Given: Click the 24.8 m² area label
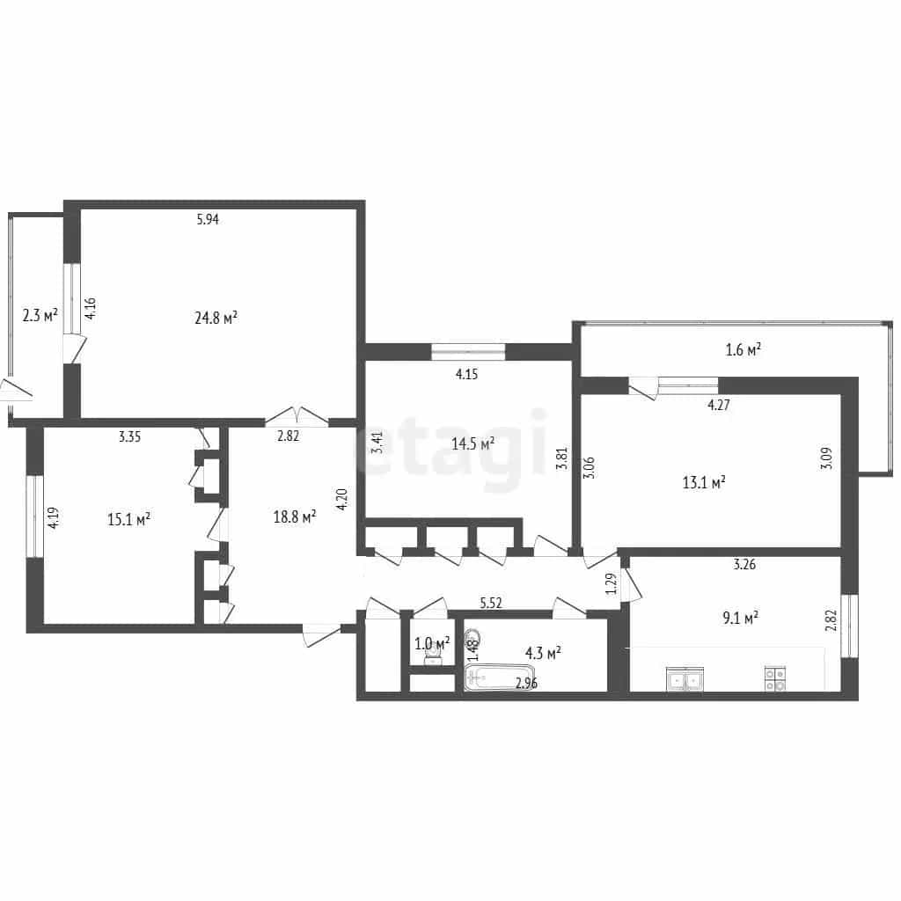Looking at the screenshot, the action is [x=216, y=318].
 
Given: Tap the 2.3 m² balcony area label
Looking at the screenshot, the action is [x=40, y=315].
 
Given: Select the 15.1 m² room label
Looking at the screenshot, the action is [x=128, y=519].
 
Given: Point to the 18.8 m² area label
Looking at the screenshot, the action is [x=295, y=517].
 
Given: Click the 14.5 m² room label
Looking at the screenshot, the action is [x=472, y=443].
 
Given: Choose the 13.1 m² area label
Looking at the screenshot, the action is [x=704, y=482].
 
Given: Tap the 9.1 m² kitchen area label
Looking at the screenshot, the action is [x=740, y=619].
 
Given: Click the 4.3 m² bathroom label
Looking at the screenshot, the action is [x=543, y=653].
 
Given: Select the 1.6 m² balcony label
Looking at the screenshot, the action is [x=744, y=349].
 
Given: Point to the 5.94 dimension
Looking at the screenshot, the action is [x=208, y=219].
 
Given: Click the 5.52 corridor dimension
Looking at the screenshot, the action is [x=491, y=603].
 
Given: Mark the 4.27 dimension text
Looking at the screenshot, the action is [x=719, y=405].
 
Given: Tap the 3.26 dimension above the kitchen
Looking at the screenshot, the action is [x=744, y=564].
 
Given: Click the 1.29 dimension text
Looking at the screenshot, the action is [x=612, y=584].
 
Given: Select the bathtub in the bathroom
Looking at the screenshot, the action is [x=500, y=678].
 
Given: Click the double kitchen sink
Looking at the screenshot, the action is [x=685, y=678].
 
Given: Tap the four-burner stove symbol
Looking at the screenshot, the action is [x=775, y=678].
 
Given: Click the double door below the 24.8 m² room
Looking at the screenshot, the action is [x=297, y=416].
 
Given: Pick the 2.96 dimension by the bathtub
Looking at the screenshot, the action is [x=526, y=684].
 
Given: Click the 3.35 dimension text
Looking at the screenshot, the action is [x=130, y=436].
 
